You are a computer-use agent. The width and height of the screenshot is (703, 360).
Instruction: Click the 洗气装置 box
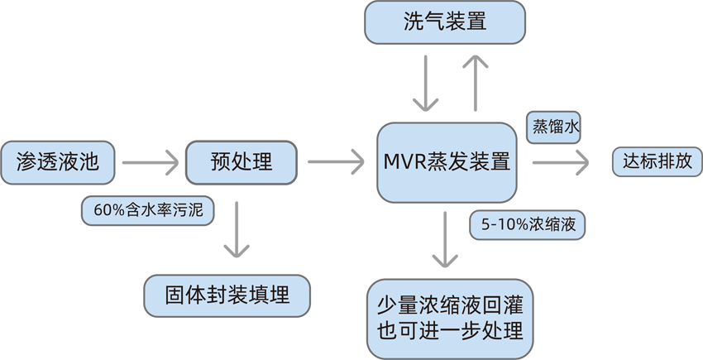[x=445, y=22]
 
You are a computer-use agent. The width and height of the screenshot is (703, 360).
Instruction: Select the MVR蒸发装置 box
[x=447, y=161]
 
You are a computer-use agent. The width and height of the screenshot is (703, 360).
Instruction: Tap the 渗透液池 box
[x=57, y=161]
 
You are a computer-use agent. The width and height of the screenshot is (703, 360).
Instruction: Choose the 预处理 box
[x=242, y=161]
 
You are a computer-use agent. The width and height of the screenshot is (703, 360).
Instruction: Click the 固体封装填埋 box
[x=227, y=295]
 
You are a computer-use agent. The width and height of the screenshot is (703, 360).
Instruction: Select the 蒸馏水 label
[x=556, y=127]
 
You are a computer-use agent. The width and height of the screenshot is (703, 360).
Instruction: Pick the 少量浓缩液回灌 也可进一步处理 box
[x=450, y=319]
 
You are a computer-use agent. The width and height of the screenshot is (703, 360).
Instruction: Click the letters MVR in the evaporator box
[x=405, y=161]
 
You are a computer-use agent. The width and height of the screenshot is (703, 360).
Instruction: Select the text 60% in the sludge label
[x=108, y=210]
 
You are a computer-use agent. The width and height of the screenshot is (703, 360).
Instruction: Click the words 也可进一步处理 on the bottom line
[x=450, y=332]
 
